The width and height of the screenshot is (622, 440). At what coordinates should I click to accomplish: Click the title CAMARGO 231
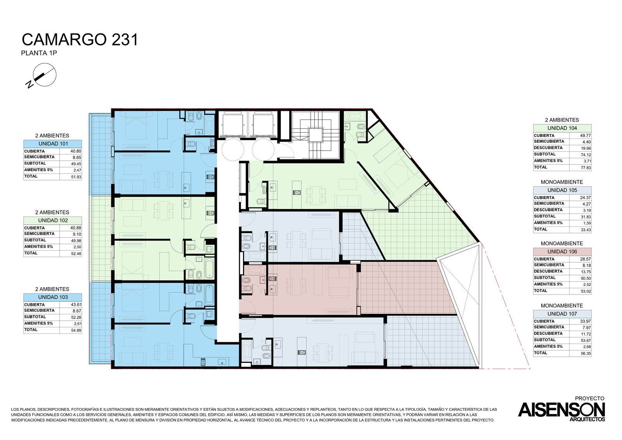80,40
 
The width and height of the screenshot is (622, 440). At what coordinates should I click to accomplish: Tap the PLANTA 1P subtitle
39,53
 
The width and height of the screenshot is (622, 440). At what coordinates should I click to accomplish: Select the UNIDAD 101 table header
53,144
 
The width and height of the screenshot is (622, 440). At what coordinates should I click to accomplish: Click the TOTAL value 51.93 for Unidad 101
76,177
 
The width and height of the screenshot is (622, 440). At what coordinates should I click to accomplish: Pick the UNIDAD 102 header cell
53,221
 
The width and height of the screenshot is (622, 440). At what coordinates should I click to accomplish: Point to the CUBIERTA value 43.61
76,305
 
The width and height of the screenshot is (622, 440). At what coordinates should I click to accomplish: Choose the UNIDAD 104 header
562,128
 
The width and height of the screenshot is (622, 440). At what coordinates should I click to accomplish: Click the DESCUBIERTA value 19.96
585,149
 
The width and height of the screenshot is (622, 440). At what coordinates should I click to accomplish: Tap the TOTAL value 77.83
585,168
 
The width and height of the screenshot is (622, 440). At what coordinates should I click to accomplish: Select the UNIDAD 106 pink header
562,252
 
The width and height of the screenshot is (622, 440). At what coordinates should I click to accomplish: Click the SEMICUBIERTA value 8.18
587,265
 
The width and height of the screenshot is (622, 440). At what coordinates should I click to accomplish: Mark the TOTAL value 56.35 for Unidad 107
585,354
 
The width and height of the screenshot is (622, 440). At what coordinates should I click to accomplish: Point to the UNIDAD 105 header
562,190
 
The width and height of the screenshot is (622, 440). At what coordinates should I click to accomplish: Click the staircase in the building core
316,135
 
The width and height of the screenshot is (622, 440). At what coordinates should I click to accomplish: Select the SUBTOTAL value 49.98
76,241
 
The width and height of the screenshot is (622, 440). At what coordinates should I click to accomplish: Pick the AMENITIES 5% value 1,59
587,223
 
